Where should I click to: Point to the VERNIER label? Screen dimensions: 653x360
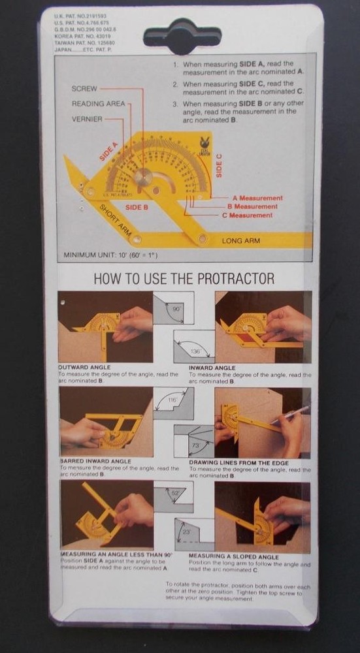(x=87, y=119)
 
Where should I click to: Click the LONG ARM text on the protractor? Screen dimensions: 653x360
(x=240, y=241)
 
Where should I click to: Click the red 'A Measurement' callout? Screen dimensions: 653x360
(x=257, y=197)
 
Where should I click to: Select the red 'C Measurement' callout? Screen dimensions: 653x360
(x=250, y=215)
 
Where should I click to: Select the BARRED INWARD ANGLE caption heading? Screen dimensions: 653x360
(x=95, y=461)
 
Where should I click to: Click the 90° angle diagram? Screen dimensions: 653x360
(x=173, y=308)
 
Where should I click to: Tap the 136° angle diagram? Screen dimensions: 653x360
(x=194, y=347)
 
